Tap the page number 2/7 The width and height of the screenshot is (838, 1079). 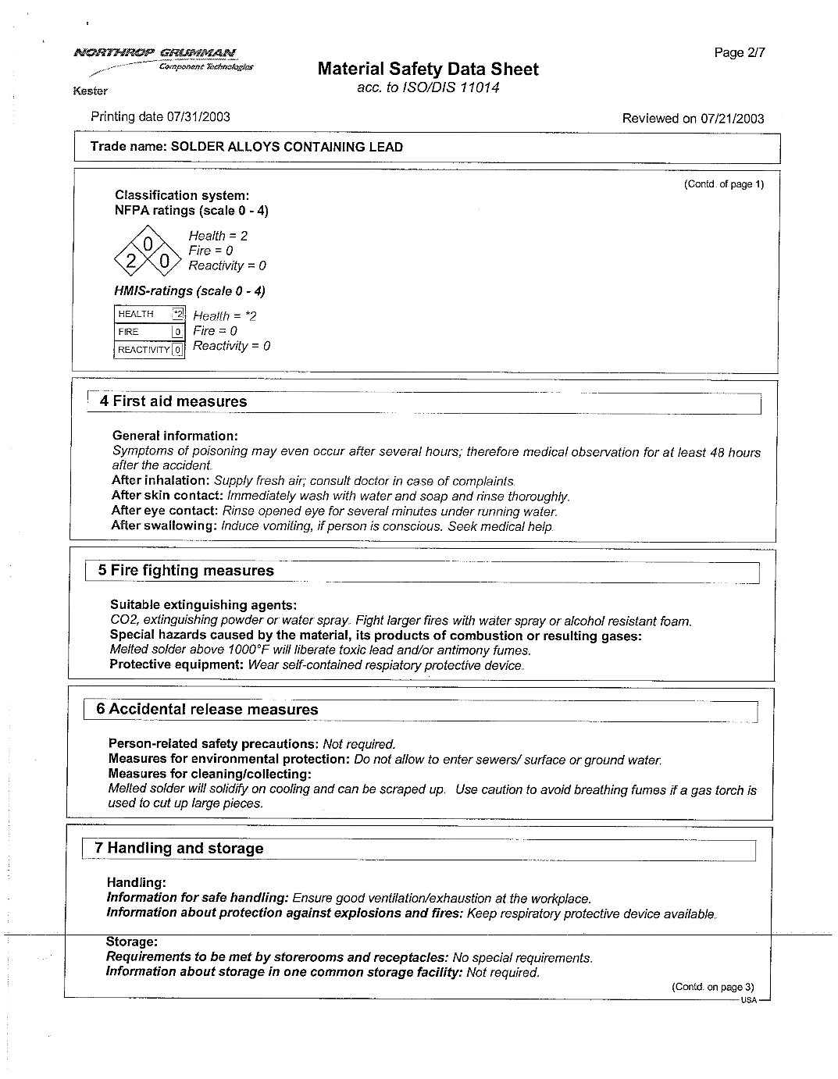(740, 53)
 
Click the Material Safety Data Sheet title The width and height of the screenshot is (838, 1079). (428, 69)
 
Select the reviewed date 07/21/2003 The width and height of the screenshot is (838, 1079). (732, 119)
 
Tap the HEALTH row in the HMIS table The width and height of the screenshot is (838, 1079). (149, 315)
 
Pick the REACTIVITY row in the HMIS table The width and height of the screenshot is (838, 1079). (149, 350)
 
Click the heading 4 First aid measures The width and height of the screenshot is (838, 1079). (173, 402)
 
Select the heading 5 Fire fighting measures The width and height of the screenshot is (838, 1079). (186, 571)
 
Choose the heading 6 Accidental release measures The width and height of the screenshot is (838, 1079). (207, 710)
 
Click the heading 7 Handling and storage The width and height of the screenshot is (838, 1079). (179, 849)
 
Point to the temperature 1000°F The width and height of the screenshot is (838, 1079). (248, 650)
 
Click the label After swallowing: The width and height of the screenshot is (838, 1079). (164, 526)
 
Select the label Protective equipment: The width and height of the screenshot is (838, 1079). (177, 665)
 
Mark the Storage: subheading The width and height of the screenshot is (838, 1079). (131, 942)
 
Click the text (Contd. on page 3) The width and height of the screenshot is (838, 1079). (712, 987)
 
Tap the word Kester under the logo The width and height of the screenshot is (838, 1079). (90, 91)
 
